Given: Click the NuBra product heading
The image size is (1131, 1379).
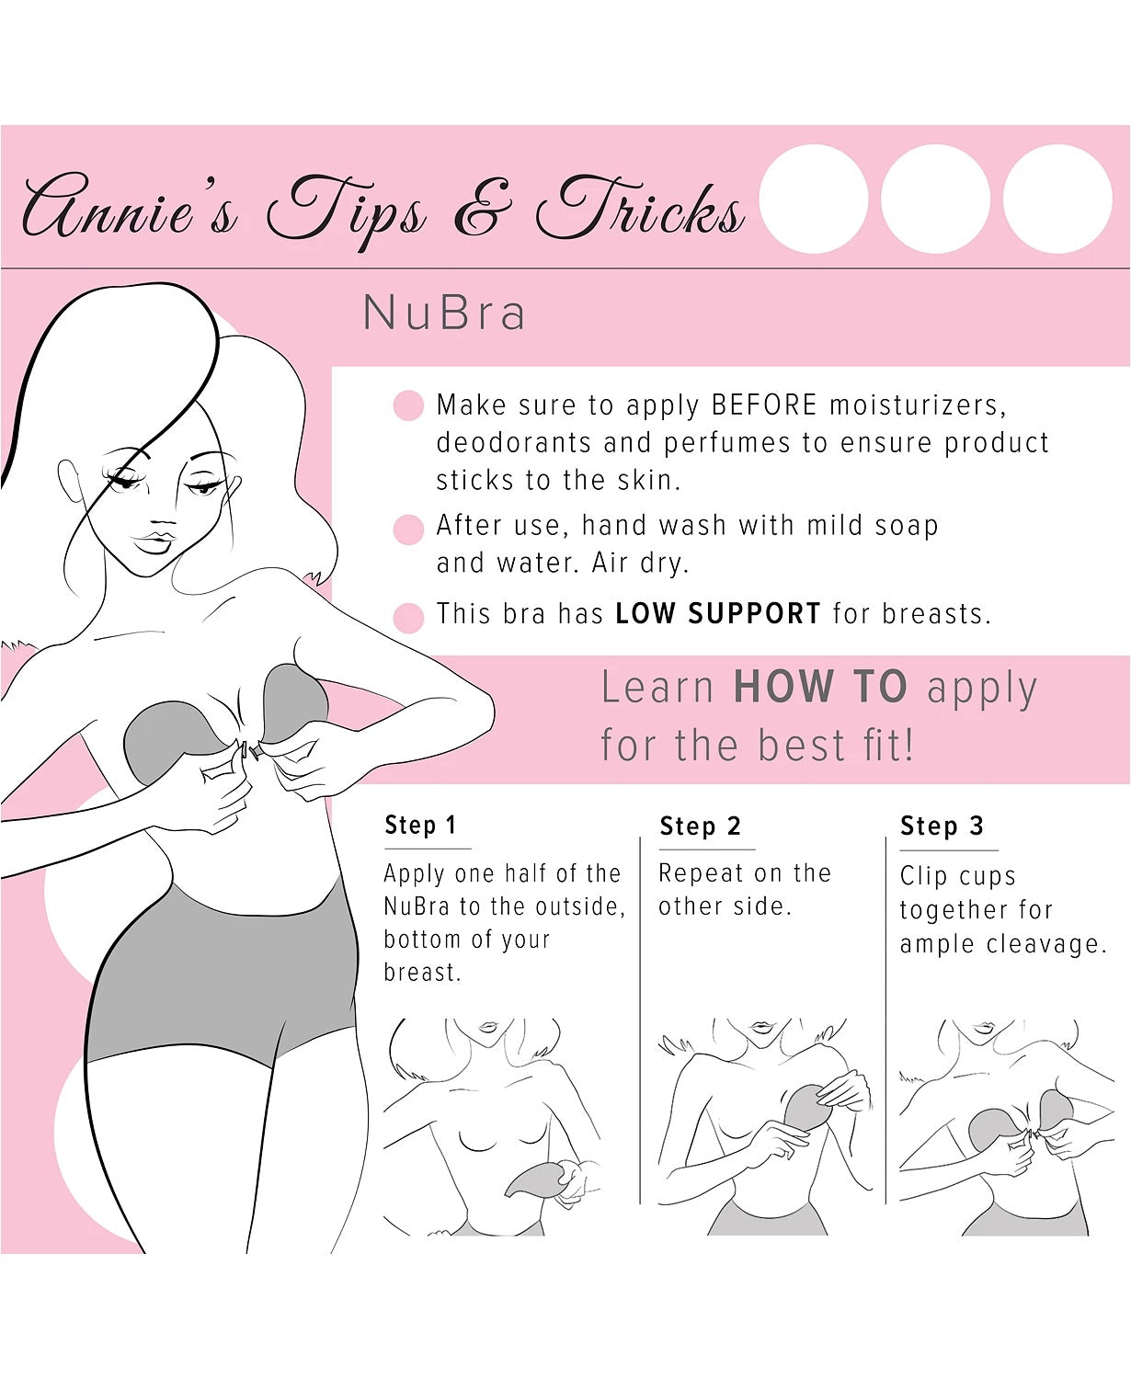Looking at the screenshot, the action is [444, 313].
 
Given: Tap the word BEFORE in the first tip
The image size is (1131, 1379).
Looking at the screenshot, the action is [764, 405].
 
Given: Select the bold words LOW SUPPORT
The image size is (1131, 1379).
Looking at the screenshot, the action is [717, 613].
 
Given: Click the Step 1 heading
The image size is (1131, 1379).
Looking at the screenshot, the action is [420, 826].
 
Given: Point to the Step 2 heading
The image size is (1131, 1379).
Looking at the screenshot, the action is [700, 826].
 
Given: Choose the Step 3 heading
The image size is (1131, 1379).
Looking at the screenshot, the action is [942, 826].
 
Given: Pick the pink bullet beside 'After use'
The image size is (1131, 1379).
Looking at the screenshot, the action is [408, 529].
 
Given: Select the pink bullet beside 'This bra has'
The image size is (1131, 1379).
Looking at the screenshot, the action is [408, 617].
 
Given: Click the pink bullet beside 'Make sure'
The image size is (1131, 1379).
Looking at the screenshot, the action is [408, 405].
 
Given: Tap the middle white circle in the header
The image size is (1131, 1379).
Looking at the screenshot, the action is [935, 199].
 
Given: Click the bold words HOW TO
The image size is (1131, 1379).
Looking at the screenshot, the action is [819, 687].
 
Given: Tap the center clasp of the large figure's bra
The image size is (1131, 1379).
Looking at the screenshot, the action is [249, 750].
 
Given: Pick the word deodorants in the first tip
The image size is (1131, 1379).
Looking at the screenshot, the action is [512, 443].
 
